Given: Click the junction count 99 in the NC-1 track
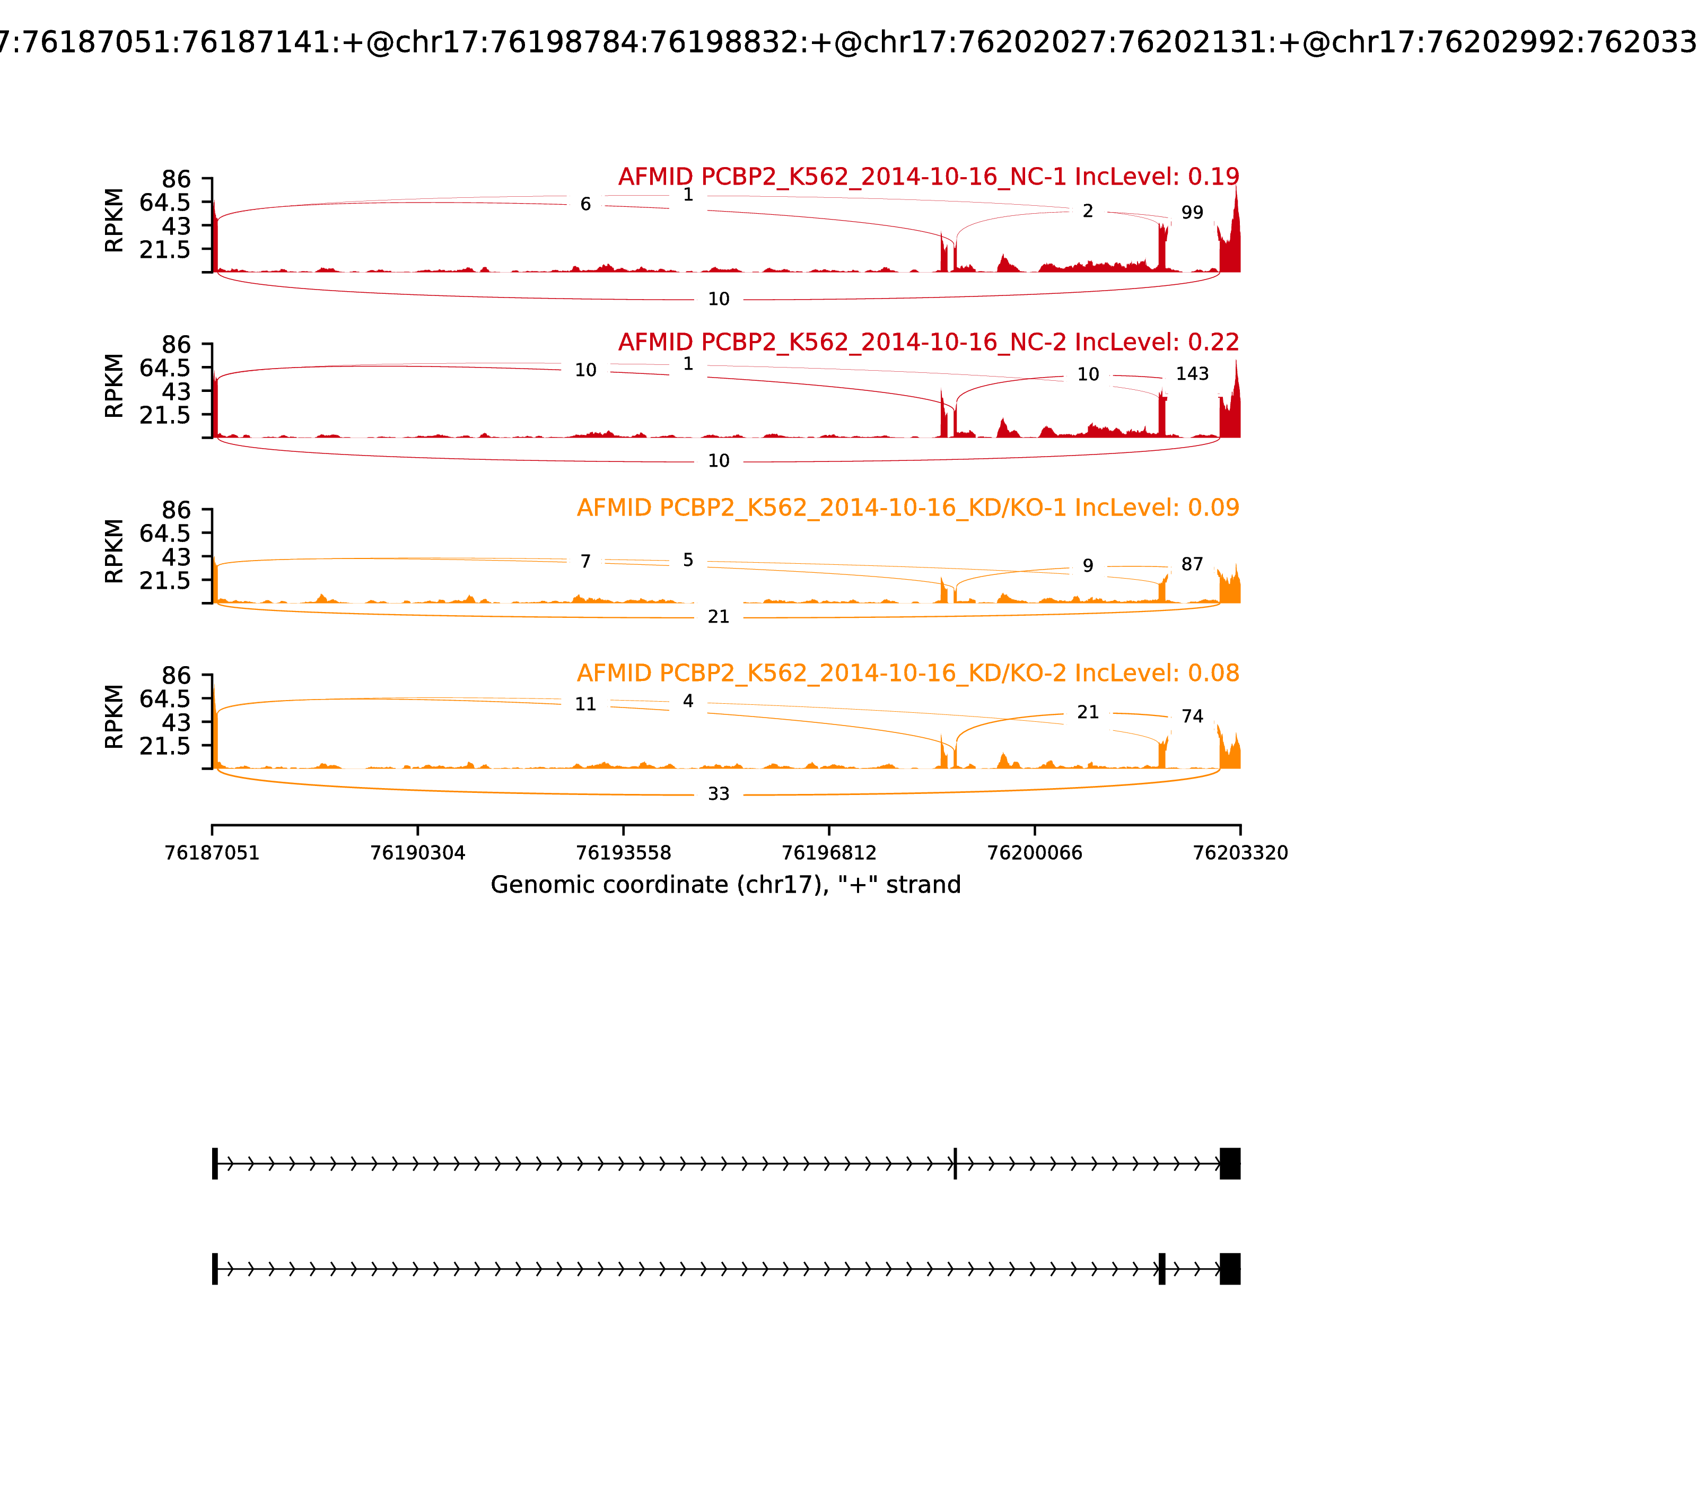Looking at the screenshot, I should [x=1192, y=213].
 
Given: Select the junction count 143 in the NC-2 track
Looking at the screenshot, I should [x=1192, y=374].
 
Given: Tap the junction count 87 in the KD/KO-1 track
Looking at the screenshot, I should [x=1192, y=564].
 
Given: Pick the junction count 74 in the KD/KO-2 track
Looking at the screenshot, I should [x=1192, y=717].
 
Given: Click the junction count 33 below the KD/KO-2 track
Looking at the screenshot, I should [x=719, y=794].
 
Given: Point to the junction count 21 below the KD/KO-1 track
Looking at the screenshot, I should [x=719, y=617].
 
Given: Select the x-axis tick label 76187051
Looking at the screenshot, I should [x=212, y=853].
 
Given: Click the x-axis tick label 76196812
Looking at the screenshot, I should [x=828, y=853].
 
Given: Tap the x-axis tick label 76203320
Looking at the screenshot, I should [x=1240, y=853].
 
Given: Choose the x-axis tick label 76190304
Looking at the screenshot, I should [x=418, y=853].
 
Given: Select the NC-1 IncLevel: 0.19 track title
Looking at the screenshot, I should [x=928, y=177].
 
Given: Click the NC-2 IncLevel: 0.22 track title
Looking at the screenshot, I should [x=928, y=342].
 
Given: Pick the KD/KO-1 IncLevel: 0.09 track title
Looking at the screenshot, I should [x=907, y=508].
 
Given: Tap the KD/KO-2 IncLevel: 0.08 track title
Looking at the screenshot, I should [x=907, y=673].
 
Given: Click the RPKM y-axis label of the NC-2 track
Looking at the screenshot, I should [x=115, y=386].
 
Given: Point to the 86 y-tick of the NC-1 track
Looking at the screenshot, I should [x=176, y=180].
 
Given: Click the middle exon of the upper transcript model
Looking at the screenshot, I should [x=956, y=1164].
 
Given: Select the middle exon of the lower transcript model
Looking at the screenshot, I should [x=1162, y=1269].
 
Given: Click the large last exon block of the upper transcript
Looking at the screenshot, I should [x=1230, y=1164].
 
